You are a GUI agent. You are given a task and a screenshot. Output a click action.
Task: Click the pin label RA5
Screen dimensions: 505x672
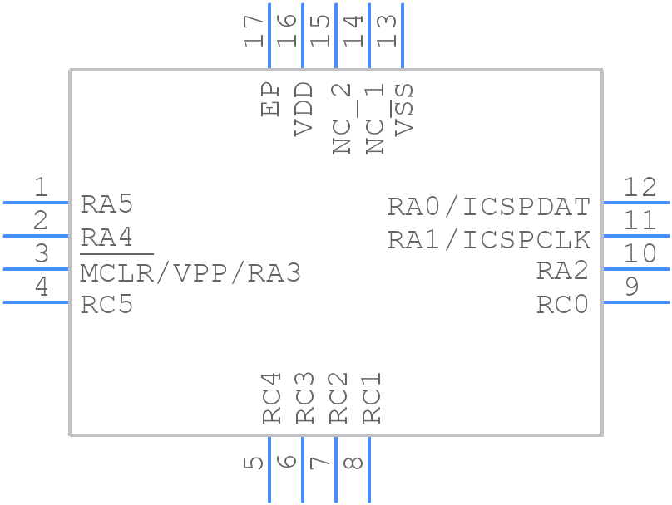click(106, 204)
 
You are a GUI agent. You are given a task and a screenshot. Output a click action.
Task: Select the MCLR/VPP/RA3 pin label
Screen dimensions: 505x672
click(190, 272)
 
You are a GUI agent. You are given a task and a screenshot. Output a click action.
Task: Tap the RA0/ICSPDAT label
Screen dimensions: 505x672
click(489, 206)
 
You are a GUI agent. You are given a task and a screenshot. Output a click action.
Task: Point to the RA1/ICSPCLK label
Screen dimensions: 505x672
click(489, 240)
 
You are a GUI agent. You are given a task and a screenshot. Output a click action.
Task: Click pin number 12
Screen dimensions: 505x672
click(640, 187)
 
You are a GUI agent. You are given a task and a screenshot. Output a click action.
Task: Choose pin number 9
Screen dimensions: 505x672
click(631, 287)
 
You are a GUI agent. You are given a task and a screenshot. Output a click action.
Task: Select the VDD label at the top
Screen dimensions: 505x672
click(304, 109)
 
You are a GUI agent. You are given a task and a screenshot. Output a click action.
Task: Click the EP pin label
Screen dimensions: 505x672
click(270, 99)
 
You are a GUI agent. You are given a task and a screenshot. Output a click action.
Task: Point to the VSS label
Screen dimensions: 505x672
click(404, 109)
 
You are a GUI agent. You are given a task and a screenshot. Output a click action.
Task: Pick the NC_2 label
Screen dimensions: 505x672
click(341, 119)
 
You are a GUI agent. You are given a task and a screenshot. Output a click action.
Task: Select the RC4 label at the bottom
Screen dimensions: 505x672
click(272, 398)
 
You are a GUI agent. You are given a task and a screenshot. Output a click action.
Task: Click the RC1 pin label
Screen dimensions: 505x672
click(371, 398)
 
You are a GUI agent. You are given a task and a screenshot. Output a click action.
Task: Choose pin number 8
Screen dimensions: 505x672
click(353, 462)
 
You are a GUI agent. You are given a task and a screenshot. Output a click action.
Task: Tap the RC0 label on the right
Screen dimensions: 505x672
click(562, 306)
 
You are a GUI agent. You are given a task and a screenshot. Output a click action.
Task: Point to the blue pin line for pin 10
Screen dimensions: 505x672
click(635, 269)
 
